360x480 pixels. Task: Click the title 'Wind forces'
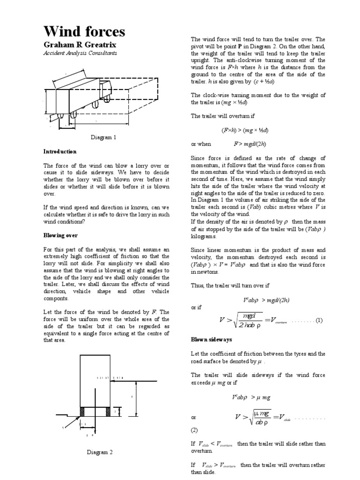(84, 31)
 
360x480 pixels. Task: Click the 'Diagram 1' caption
(103, 137)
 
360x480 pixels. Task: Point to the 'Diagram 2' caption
(99, 452)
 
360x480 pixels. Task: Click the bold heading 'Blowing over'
(60, 235)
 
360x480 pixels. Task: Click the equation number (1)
(319, 321)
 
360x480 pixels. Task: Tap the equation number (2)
(195, 430)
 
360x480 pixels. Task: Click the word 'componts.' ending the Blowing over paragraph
(56, 298)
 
